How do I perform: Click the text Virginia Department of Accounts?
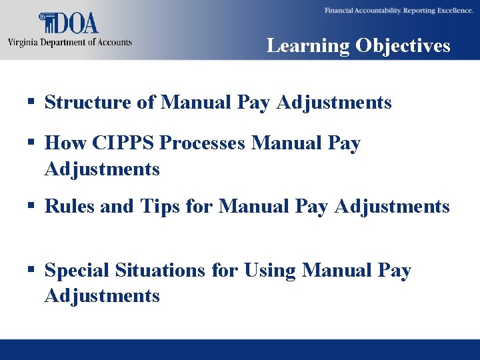point(70,43)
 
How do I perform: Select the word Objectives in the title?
point(403,45)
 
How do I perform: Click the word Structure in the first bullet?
point(82,103)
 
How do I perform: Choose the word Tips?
point(161,207)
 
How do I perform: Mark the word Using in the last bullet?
point(270,271)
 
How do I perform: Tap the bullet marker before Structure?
point(31,103)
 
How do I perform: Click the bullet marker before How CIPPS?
point(31,143)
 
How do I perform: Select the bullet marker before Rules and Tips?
point(31,207)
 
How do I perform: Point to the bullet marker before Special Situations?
point(31,271)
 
